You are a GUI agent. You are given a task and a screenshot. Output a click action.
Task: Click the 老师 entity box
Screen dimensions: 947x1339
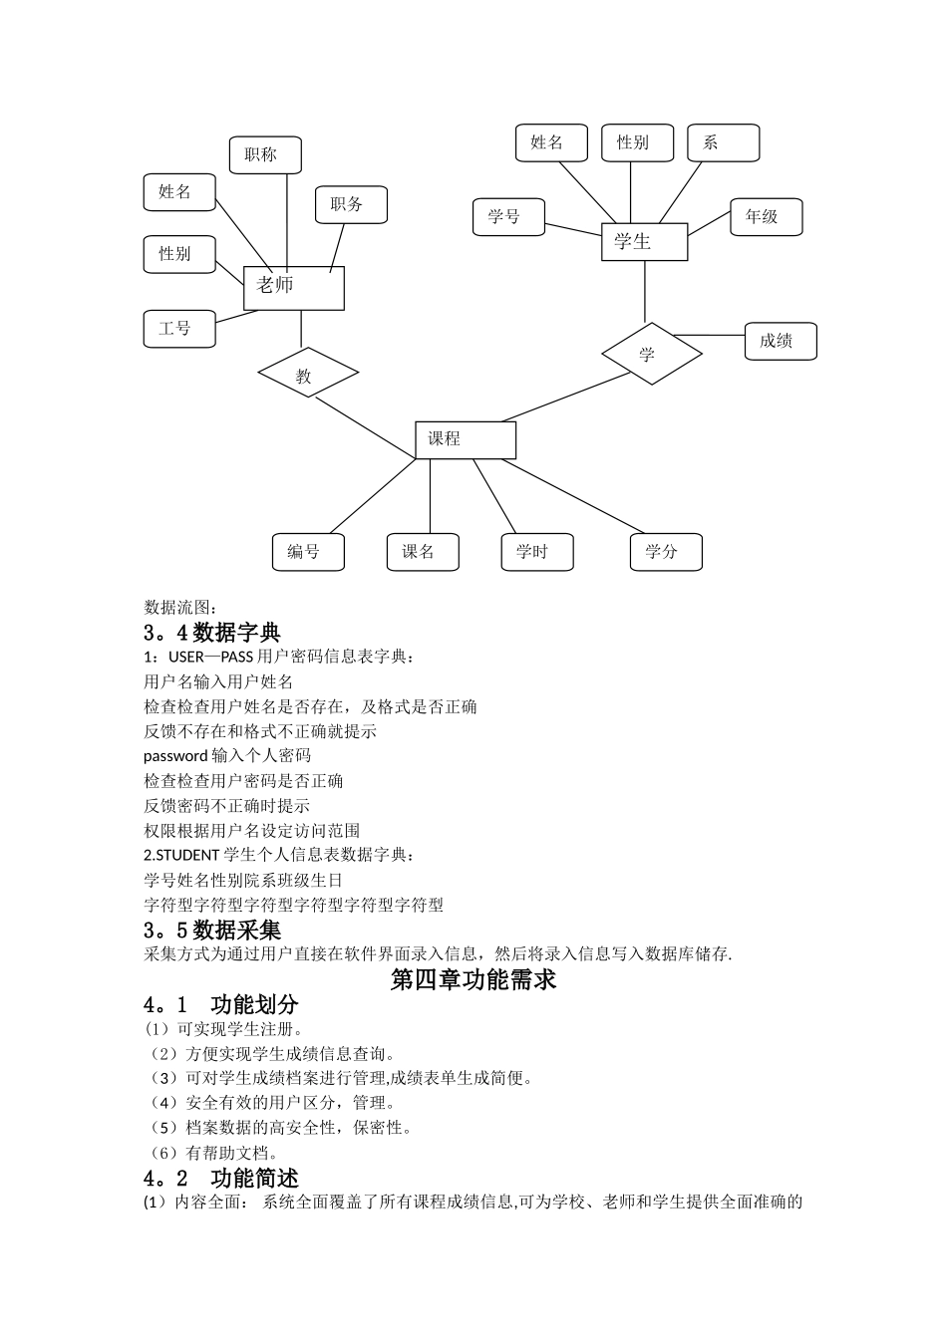294,288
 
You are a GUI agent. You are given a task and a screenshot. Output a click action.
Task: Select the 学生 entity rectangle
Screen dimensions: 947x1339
644,242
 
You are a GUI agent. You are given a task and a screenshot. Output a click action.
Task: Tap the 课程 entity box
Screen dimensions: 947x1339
466,439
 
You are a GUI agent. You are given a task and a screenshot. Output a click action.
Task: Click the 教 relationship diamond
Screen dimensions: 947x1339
307,375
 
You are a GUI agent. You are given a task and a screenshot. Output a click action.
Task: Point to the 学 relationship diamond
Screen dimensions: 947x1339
651,354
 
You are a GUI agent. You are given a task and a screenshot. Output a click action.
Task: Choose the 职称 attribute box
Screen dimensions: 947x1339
265,155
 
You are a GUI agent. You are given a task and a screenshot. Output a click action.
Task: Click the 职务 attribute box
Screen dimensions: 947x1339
351,204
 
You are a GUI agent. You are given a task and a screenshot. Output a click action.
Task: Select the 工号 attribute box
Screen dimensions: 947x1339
179,329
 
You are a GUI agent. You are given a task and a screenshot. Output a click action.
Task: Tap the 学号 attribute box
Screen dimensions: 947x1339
508,216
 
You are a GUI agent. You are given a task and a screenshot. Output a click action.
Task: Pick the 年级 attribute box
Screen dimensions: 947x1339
766,217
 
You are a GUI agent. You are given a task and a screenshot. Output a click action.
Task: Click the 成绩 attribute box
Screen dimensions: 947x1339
781,341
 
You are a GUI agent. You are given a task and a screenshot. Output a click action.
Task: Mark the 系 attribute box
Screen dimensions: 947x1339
723,142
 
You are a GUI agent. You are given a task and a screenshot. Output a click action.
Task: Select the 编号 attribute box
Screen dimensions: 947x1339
308,552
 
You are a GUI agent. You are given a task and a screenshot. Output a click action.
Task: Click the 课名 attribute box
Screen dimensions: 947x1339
423,552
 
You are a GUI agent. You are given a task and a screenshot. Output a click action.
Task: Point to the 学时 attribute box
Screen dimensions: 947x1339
537,552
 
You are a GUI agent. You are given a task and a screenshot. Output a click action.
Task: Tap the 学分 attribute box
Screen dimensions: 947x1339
666,552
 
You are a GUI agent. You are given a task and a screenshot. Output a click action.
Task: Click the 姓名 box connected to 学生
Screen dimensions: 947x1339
551,142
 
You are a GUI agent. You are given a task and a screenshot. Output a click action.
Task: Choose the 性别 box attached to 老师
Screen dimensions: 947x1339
180,254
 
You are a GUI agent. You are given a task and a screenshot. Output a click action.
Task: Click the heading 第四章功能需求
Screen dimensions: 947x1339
473,979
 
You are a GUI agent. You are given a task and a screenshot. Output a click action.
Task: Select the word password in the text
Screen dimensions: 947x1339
175,756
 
